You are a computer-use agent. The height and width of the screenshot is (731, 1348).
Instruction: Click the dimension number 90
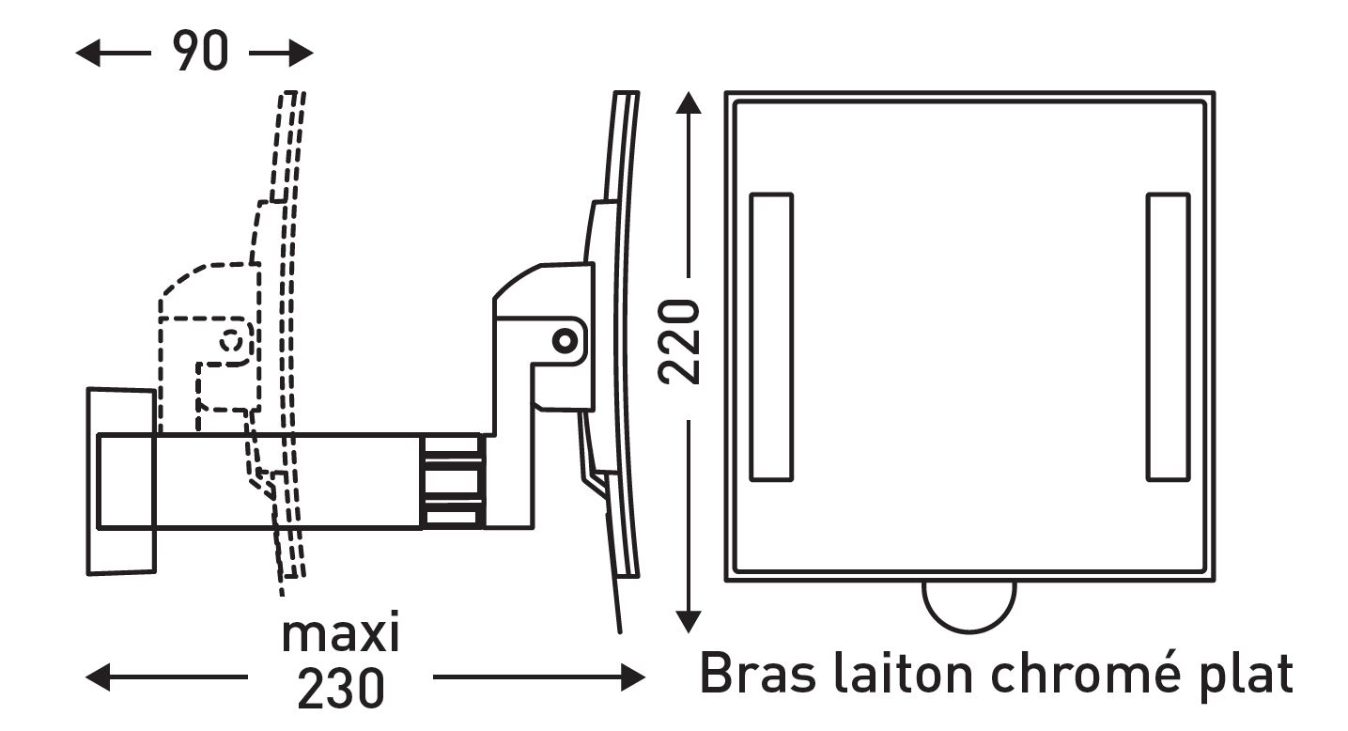click(x=200, y=51)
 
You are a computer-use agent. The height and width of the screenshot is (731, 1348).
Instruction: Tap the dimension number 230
click(x=341, y=688)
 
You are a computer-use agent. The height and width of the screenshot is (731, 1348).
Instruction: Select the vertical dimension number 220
click(x=679, y=342)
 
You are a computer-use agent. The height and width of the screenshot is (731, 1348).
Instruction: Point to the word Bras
click(x=758, y=673)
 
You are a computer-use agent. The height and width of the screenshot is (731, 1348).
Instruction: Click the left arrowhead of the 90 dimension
click(x=87, y=53)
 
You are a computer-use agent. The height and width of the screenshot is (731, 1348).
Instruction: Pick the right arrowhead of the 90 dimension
click(x=301, y=53)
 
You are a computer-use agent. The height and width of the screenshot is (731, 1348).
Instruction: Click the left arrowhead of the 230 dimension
click(x=98, y=677)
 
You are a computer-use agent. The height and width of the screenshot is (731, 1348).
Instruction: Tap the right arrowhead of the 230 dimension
click(x=633, y=678)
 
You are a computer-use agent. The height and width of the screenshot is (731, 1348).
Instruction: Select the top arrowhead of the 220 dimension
click(x=689, y=103)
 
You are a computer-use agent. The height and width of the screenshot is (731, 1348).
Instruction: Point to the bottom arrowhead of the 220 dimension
click(x=689, y=621)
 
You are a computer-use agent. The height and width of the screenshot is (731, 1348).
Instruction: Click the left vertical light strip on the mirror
click(x=771, y=337)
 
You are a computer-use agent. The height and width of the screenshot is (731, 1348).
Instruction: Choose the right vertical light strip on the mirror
click(x=1168, y=337)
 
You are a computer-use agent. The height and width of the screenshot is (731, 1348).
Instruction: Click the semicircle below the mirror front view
click(x=968, y=631)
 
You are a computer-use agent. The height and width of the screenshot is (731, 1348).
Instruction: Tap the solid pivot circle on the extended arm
click(x=565, y=341)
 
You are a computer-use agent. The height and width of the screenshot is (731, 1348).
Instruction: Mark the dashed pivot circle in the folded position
click(x=231, y=342)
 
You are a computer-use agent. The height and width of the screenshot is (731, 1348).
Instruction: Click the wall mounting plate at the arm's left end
click(x=121, y=481)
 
